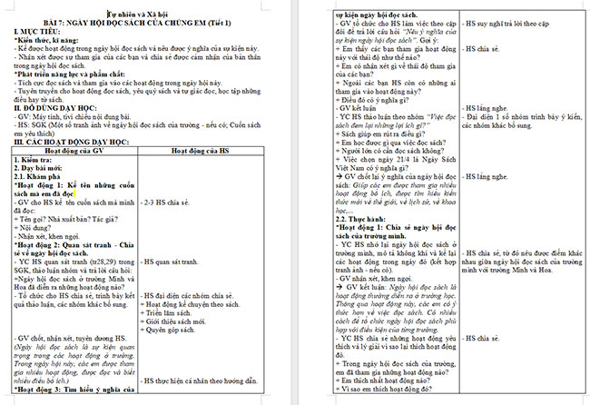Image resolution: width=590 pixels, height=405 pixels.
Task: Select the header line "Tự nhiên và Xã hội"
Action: coord(142,14)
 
